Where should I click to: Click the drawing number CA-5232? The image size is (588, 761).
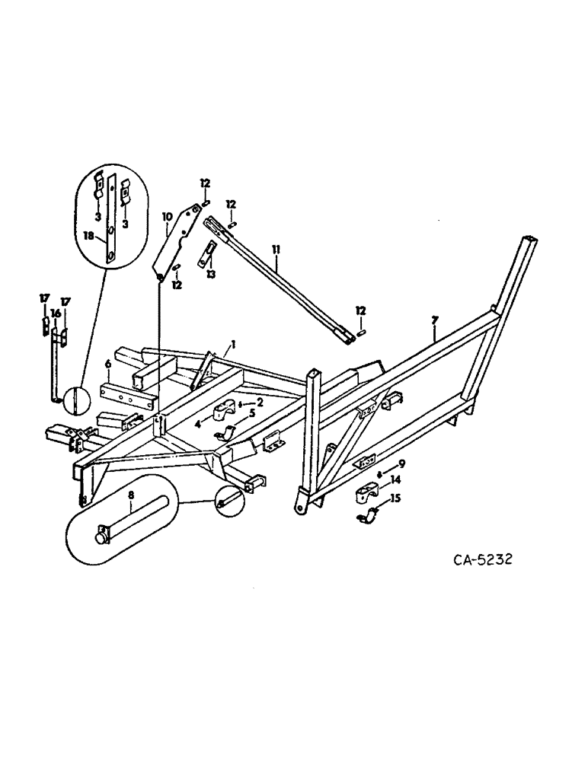point(482,559)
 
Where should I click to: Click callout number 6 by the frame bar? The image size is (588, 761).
point(109,365)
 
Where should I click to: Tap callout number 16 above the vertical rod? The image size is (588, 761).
point(55,313)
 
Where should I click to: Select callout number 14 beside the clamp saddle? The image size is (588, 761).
point(396,481)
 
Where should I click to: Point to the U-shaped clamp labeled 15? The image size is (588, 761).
point(369,518)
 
